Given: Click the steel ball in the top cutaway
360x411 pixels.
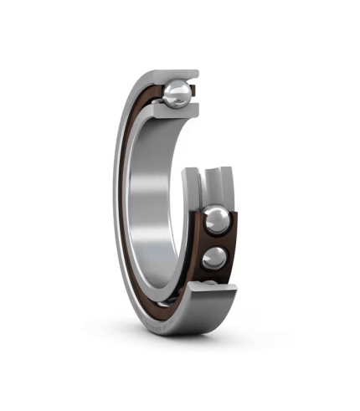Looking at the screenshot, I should (x=178, y=94).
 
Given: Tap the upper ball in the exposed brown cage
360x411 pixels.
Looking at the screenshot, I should (x=216, y=221).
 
